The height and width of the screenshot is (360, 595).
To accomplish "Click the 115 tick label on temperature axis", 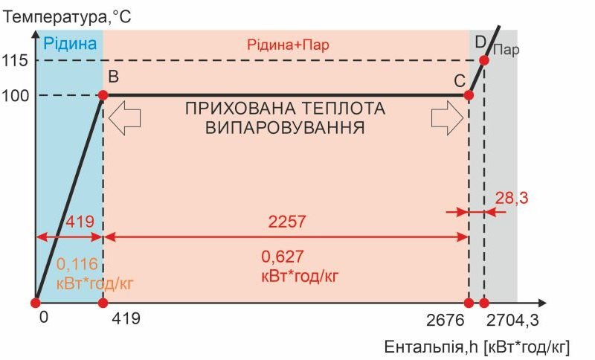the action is [15, 60].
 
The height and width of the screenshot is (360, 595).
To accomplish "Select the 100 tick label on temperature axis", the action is [15, 96].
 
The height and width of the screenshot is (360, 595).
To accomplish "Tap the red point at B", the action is [103, 95].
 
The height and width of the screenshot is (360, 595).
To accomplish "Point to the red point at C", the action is [469, 95].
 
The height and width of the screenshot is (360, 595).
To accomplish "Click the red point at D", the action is [484, 60].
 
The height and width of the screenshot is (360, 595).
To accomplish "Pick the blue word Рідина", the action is [70, 44].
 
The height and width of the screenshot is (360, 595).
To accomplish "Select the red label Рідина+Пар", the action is [288, 45].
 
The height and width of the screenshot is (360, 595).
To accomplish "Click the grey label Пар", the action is [506, 50].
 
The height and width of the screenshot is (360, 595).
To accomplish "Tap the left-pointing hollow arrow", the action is [124, 118].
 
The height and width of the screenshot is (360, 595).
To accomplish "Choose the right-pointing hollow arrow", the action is [448, 118].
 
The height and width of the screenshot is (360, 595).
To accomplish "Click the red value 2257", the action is [287, 222].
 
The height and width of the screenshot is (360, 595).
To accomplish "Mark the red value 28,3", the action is [512, 198].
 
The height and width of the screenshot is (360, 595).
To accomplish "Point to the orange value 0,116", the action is [77, 264].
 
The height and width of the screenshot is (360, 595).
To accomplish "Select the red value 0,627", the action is [283, 257].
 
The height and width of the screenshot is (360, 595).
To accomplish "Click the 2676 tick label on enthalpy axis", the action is [445, 321].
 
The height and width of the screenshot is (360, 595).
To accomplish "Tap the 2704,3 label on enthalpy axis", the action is [512, 321].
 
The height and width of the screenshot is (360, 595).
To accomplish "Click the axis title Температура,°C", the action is [67, 17].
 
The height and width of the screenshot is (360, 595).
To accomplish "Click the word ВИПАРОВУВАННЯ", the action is [285, 128].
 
